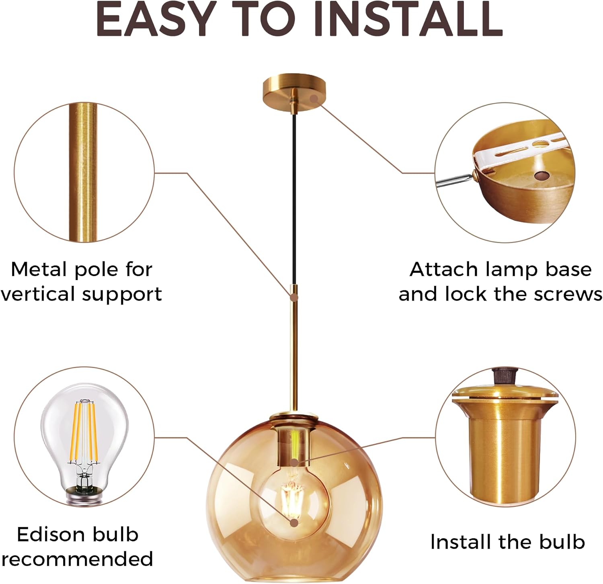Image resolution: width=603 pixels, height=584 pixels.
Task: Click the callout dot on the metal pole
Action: click(294, 298)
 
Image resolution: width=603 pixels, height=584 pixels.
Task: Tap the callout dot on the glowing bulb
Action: click(294, 523)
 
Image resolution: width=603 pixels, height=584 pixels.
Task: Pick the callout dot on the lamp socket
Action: click(295, 463)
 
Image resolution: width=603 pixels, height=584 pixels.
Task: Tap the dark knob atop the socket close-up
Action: click(505, 376)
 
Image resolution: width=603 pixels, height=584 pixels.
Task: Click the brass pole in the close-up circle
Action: click(83, 173)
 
